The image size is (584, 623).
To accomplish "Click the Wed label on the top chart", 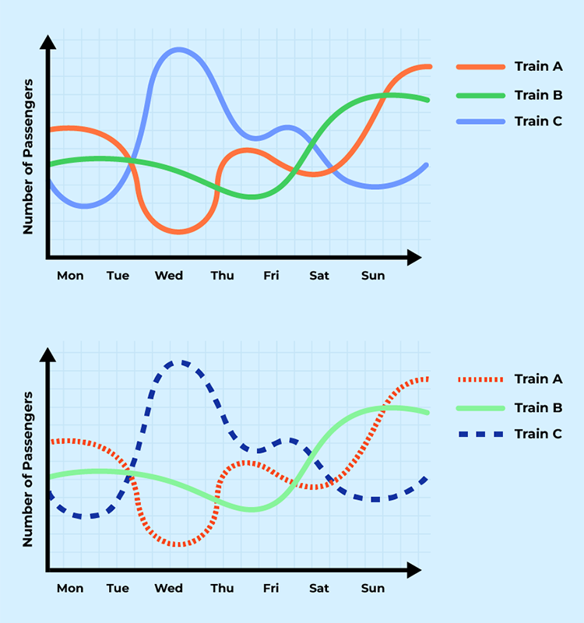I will pos(169,276).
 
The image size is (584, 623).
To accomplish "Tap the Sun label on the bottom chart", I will pos(373,588).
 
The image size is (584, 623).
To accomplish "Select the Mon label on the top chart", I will pos(70,276).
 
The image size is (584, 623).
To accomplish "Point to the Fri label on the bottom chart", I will pos(271,588).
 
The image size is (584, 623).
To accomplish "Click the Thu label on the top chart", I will pos(222,276).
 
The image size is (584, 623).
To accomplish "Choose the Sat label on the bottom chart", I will pos(318,588).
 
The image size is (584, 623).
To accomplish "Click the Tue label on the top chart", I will pos(118,276).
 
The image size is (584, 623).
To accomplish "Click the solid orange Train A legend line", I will pos(478,67).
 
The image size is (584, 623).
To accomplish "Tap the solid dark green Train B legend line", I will pos(478,95).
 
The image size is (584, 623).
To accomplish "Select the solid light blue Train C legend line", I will pos(478,121).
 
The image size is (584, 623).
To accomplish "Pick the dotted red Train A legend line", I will pos(478,379).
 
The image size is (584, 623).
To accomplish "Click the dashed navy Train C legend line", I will pos(478,434).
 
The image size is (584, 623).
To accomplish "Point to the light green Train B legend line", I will pos(478,407).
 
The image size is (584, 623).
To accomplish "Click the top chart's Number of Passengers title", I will pos(28,157).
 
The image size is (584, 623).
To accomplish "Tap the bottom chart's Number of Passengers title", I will pos(28,470).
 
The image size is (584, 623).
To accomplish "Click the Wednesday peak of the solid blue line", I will pos(178,50).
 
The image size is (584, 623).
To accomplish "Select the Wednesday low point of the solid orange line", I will pos(178,232).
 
